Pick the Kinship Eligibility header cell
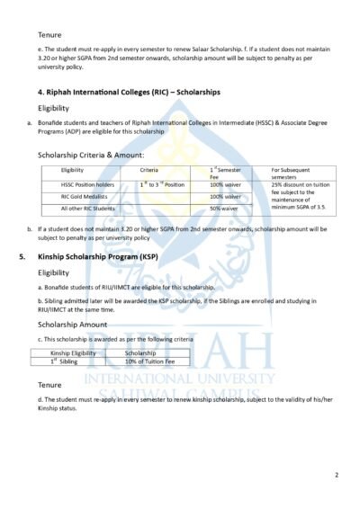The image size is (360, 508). (73, 353)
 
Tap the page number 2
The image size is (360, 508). (336, 474)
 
